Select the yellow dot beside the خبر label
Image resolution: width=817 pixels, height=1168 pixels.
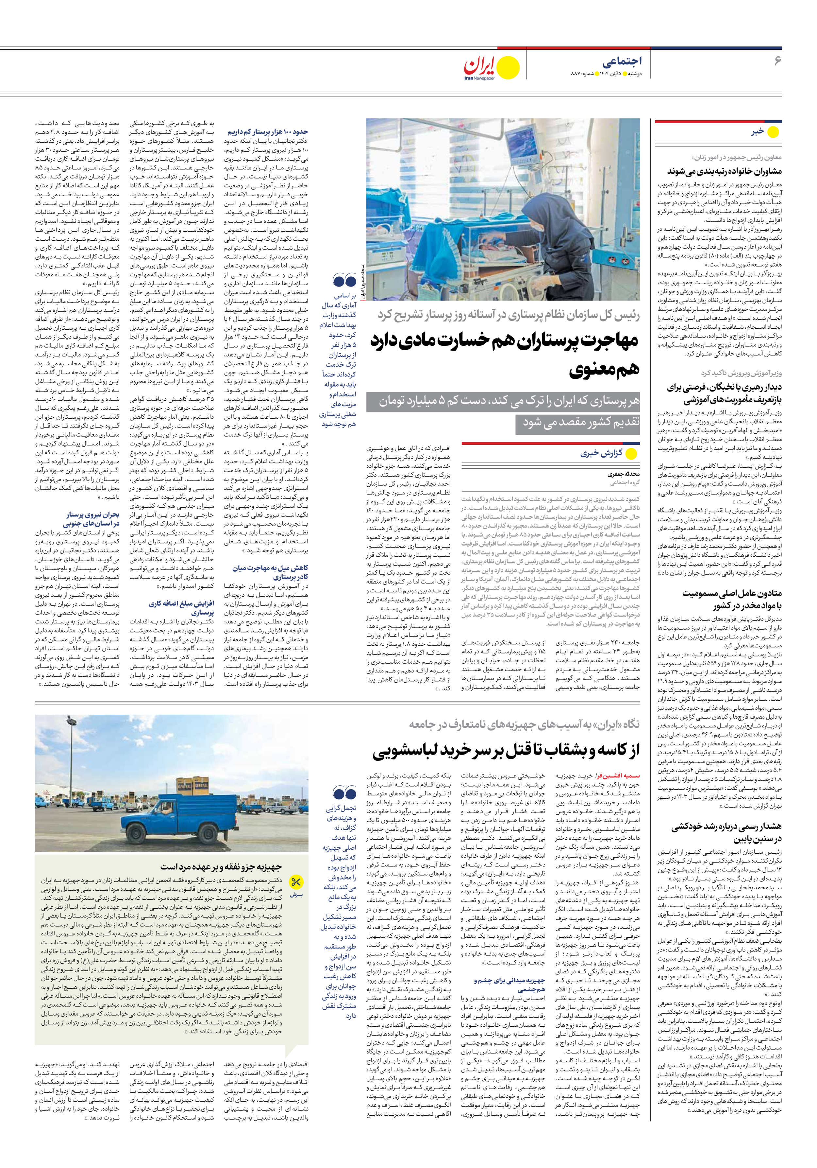[x=773, y=132]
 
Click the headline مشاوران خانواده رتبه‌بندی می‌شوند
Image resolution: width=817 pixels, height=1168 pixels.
[x=725, y=171]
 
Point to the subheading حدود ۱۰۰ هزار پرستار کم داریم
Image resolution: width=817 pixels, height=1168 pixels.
[x=267, y=132]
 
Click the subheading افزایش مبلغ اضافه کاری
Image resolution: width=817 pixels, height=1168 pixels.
[x=181, y=607]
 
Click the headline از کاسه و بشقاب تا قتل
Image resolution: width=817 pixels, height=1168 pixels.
[x=506, y=750]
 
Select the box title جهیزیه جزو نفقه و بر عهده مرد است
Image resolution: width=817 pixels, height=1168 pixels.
[x=221, y=866]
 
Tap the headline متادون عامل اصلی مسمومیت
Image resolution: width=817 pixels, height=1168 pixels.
[x=732, y=599]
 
